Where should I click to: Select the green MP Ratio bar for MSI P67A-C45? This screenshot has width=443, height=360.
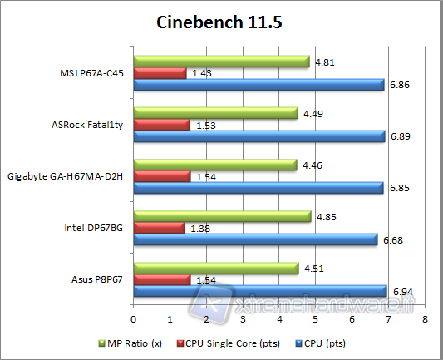221,62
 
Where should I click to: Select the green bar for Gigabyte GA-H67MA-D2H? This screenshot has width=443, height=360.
214,165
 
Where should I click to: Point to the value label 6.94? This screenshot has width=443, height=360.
401,292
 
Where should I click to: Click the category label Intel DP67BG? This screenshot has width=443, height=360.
95,228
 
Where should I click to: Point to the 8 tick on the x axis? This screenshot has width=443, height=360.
425,318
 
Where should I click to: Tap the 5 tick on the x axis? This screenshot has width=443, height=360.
316,318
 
